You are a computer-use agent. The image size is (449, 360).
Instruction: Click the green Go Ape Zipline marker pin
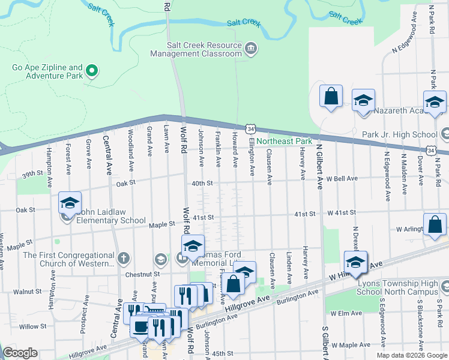pyautogui.click(x=92, y=71)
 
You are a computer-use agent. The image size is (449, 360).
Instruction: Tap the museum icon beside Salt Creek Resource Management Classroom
pyautogui.click(x=250, y=48)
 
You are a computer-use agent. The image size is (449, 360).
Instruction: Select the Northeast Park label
pyautogui.click(x=285, y=142)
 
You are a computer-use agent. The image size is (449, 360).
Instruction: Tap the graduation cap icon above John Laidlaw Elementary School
pyautogui.click(x=70, y=204)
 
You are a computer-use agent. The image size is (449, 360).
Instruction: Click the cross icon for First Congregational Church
pyautogui.click(x=124, y=259)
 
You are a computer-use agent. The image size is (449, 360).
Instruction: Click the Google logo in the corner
pyautogui.click(x=20, y=353)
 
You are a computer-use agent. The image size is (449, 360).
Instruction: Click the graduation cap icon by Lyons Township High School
pyautogui.click(x=355, y=262)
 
